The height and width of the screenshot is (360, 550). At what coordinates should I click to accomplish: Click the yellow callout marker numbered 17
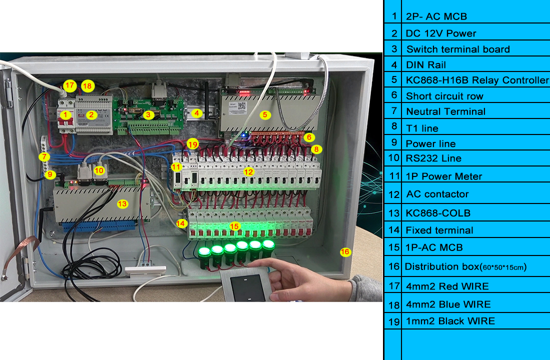pyautogui.click(x=69, y=85)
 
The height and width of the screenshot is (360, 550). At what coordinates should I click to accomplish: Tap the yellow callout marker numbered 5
pyautogui.click(x=266, y=114)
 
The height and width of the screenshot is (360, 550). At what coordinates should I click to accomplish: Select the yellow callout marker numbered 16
pyautogui.click(x=345, y=251)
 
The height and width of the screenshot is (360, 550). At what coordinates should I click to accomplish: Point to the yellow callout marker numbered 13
pyautogui.click(x=122, y=203)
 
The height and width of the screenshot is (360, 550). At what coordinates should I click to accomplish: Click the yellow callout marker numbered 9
pyautogui.click(x=49, y=174)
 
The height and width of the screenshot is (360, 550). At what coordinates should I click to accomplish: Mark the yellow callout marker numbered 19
pyautogui.click(x=193, y=144)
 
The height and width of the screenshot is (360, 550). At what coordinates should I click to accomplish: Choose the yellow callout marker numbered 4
pyautogui.click(x=197, y=113)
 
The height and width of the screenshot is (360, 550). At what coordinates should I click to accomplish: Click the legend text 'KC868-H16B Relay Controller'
pyautogui.click(x=477, y=80)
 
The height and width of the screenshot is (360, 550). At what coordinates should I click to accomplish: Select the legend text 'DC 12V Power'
pyautogui.click(x=441, y=33)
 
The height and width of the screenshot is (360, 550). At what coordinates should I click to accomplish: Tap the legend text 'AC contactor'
pyautogui.click(x=437, y=194)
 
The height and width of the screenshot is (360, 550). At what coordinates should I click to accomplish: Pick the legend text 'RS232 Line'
pyautogui.click(x=433, y=158)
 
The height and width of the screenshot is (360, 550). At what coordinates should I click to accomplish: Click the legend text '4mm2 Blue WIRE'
pyautogui.click(x=448, y=304)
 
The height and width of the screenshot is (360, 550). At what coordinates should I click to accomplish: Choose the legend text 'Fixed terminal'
pyautogui.click(x=439, y=230)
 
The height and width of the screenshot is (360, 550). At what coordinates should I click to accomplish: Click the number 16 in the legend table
pyautogui.click(x=393, y=266)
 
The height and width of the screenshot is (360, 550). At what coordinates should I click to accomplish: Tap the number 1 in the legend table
pyautogui.click(x=394, y=16)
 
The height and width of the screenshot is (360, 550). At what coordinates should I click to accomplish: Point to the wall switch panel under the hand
pyautogui.click(x=248, y=285)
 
